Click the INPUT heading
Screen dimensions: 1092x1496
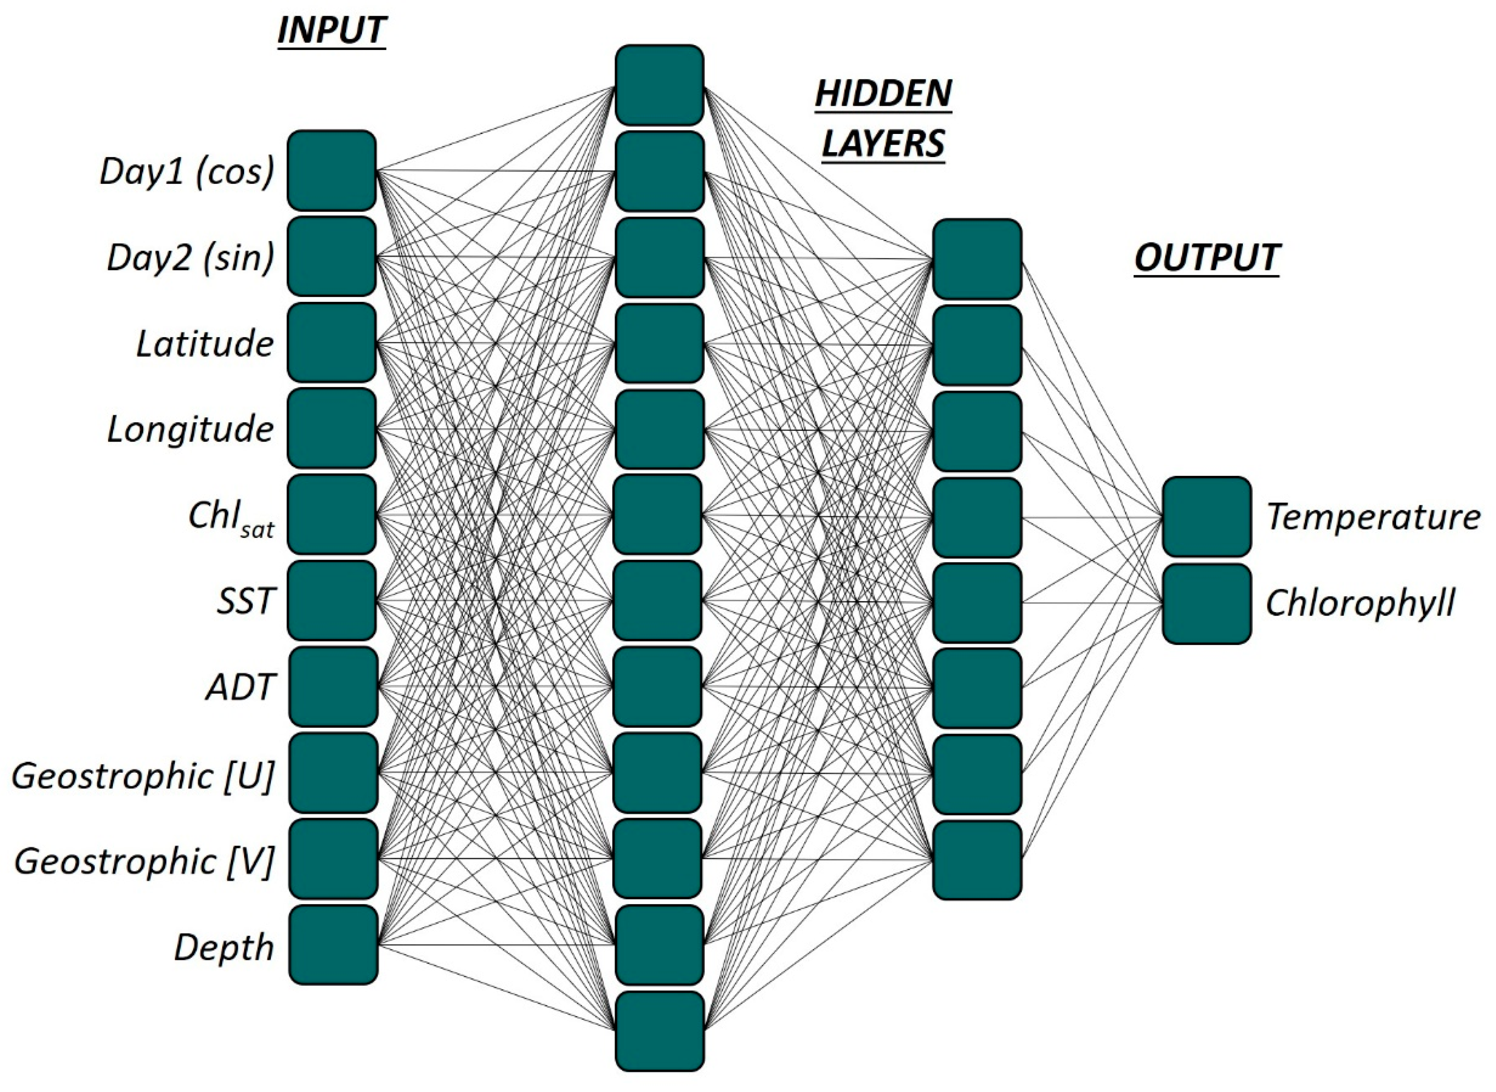click(x=332, y=30)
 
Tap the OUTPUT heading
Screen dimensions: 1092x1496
click(x=1207, y=257)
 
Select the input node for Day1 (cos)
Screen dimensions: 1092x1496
click(x=332, y=171)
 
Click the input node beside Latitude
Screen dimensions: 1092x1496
click(x=332, y=342)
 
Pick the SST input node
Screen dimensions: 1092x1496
click(x=332, y=600)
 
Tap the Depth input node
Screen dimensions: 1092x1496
click(x=333, y=945)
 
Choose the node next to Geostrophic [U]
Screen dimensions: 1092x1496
click(x=333, y=772)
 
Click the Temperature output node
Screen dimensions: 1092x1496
click(x=1207, y=516)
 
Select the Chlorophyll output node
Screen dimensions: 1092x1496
click(x=1207, y=603)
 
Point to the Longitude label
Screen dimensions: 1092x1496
click(x=190, y=429)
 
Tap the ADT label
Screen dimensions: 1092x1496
click(x=240, y=688)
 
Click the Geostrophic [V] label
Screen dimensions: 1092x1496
click(x=144, y=861)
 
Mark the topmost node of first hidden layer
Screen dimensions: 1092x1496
click(x=659, y=85)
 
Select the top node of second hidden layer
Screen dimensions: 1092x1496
click(x=977, y=259)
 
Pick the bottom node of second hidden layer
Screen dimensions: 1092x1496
click(x=977, y=860)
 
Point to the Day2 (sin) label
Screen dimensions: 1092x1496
click(x=190, y=258)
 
